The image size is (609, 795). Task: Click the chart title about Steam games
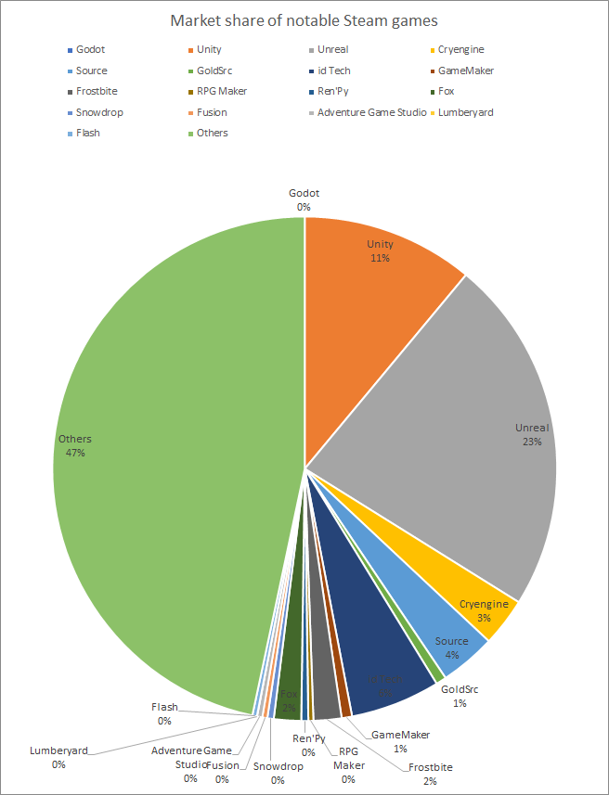[x=304, y=20]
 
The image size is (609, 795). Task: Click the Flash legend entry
[x=88, y=133]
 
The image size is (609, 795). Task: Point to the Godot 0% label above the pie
[x=304, y=199]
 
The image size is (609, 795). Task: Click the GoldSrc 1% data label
[x=460, y=697]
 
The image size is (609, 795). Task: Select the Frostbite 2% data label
[x=429, y=774]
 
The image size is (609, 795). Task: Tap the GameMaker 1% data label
[x=400, y=741]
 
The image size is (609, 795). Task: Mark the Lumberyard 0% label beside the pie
[x=58, y=757]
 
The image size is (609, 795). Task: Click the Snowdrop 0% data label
[x=278, y=773]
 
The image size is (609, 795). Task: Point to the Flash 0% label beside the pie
[x=164, y=713]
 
